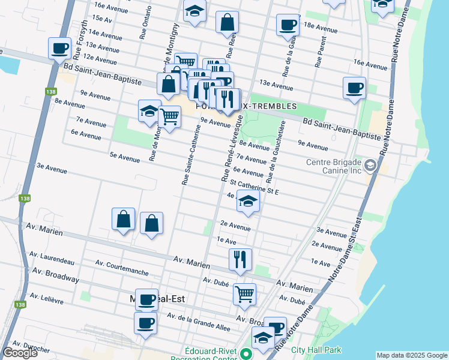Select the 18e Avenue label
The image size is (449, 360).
[x=321, y=28]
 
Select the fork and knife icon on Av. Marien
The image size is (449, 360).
[x=240, y=259]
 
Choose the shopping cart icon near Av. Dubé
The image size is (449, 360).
[x=244, y=294]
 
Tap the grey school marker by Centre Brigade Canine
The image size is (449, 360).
[x=371, y=165]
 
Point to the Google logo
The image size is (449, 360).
[x=20, y=353]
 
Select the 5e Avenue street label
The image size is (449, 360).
[x=124, y=157]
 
